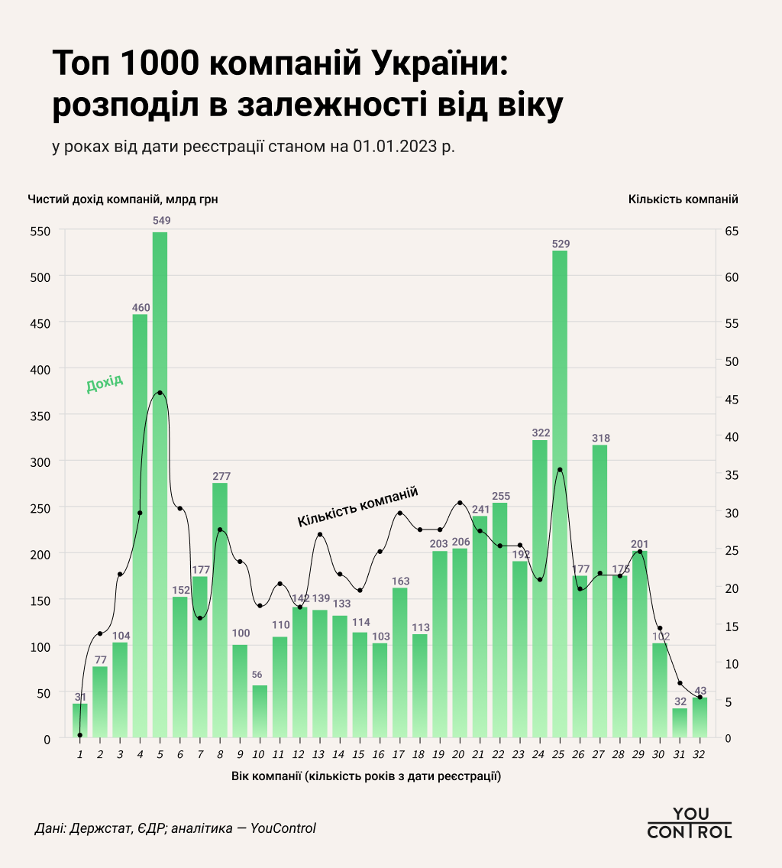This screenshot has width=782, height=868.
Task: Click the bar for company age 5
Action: click(x=160, y=489)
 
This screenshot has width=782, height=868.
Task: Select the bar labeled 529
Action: click(x=560, y=497)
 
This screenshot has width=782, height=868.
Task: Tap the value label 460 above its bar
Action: click(x=141, y=308)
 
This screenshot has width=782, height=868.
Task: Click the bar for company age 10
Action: click(x=260, y=711)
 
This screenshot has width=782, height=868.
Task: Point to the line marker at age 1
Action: click(x=80, y=735)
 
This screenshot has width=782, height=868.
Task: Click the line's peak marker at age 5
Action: click(x=160, y=393)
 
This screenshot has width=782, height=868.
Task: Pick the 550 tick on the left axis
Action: click(x=40, y=231)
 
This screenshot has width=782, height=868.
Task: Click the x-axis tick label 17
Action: click(x=399, y=755)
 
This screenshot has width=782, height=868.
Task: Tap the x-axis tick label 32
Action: click(x=699, y=755)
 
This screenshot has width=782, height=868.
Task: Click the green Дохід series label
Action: click(x=105, y=384)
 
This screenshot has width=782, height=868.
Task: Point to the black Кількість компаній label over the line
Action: click(x=358, y=507)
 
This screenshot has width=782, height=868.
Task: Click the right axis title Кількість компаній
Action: click(x=683, y=199)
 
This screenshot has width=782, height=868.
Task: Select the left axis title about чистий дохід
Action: click(x=123, y=199)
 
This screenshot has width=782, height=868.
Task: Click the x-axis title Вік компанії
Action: click(x=366, y=776)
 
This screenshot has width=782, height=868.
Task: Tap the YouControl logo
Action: click(x=689, y=823)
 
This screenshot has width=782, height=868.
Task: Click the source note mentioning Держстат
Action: click(x=175, y=828)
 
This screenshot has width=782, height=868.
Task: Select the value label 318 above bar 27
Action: click(x=600, y=438)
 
